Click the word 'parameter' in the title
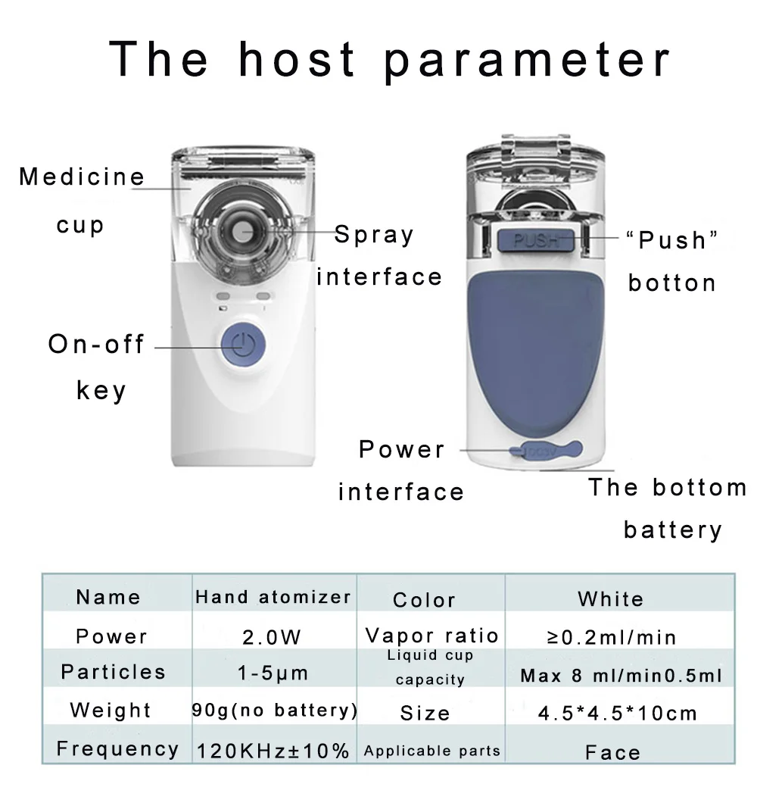point(528,60)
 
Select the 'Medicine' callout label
point(82,177)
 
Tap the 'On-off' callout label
point(96,345)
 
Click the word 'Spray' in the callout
point(374,234)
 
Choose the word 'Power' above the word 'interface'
point(401,449)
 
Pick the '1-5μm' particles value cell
point(273,673)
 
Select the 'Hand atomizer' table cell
point(273,597)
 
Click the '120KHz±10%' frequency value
point(273,751)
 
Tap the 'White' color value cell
point(610,599)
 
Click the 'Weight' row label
point(111,711)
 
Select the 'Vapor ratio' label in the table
point(431,635)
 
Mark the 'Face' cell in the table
point(612,752)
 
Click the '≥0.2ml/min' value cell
point(611,637)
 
